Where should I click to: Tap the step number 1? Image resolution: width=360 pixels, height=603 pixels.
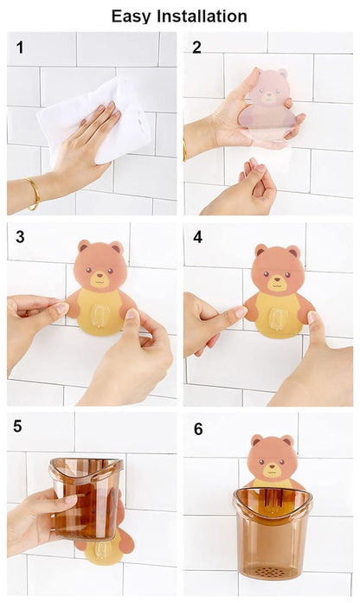pos(20,48)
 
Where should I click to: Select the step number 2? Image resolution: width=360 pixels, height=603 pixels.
pos(196,48)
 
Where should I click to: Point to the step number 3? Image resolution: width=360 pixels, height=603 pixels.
pos(20,237)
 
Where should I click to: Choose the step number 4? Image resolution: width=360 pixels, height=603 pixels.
pos(196,237)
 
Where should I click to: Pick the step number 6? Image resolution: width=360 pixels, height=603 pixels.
pos(196,427)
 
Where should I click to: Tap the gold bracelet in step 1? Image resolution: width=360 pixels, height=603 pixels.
pos(33,193)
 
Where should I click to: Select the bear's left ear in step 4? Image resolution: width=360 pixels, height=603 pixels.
pos(259,252)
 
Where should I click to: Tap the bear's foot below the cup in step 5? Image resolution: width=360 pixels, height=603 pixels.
pos(102,550)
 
